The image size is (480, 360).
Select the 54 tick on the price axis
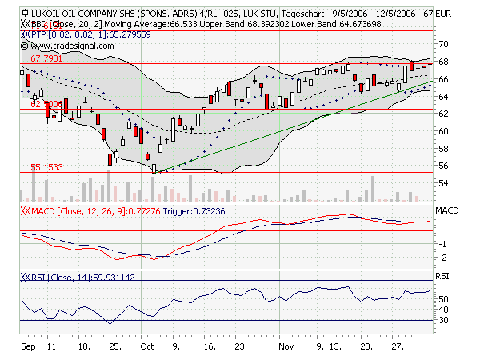[441, 183]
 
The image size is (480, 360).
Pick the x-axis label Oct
[147, 349]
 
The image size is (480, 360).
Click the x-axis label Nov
[286, 349]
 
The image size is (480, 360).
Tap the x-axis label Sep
[27, 349]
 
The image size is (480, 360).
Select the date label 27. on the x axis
[396, 349]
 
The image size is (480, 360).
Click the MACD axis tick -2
[442, 258]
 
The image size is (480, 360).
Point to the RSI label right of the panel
[442, 276]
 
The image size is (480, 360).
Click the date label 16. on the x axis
[209, 349]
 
